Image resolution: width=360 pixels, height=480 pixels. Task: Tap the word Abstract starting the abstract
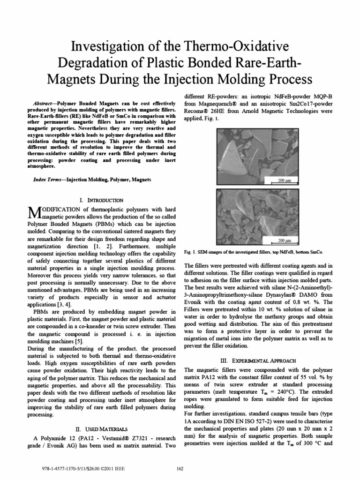coord(45,102)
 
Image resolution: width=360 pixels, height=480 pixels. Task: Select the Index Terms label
coord(49,180)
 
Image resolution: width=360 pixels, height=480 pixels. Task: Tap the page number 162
coord(180,468)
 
